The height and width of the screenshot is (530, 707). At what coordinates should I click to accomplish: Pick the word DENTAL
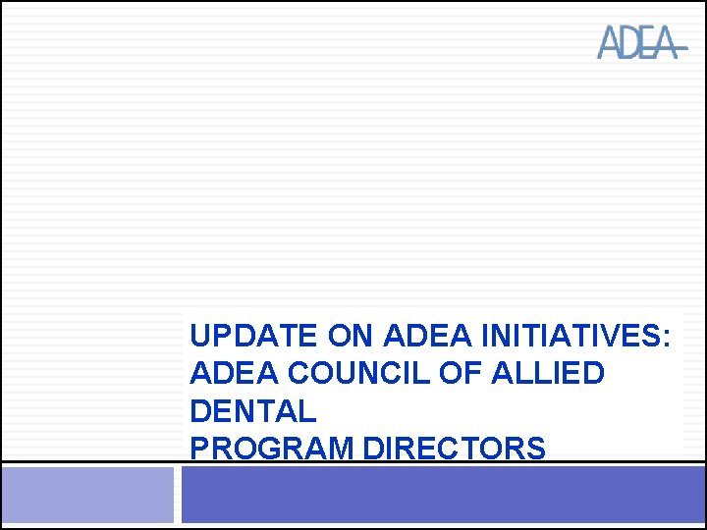click(x=252, y=411)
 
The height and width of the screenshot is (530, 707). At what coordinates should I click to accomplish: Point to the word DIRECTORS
click(x=455, y=449)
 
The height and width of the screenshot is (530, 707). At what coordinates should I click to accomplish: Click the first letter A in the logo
click(x=610, y=43)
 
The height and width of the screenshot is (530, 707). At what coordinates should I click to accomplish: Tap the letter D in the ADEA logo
click(x=628, y=43)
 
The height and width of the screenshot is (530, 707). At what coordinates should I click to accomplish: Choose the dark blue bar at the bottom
click(x=442, y=495)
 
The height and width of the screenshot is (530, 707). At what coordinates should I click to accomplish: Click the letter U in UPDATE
click(x=199, y=337)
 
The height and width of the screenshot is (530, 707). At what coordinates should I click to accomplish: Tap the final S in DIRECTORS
click(x=536, y=449)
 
